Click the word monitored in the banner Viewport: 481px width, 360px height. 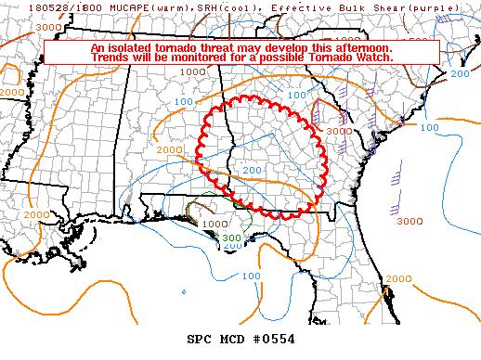point(204,58)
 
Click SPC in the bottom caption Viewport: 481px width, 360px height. point(198,339)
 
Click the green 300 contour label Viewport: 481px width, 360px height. point(232,238)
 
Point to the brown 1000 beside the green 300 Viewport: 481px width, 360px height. point(214,224)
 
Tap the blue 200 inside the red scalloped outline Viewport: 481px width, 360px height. point(251,171)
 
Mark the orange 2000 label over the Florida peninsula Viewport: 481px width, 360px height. point(398,278)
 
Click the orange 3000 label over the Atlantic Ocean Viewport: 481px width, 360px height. point(409,221)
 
